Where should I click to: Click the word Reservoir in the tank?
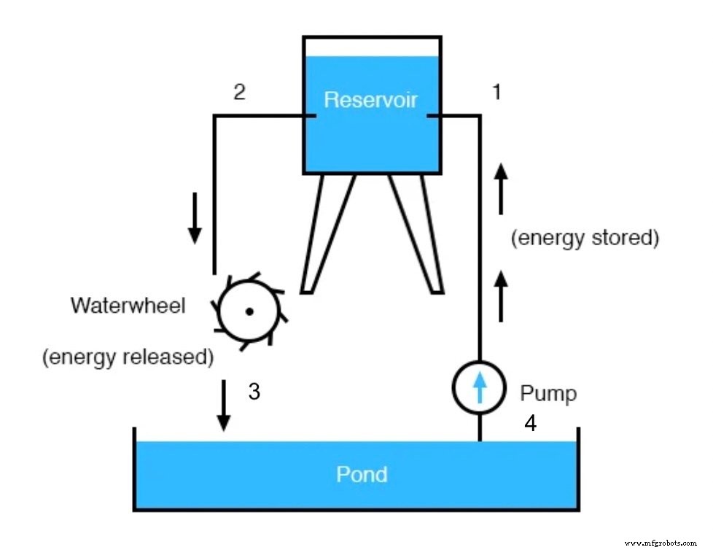(371, 100)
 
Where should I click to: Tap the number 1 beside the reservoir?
(497, 92)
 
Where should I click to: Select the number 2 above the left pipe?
(239, 92)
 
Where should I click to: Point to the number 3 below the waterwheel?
(254, 392)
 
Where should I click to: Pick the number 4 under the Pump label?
(531, 423)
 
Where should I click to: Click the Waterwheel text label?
(128, 305)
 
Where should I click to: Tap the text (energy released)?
(128, 357)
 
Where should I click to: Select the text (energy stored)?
(585, 239)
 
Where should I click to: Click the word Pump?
(548, 394)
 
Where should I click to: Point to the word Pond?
(362, 475)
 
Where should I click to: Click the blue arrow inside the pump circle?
(479, 388)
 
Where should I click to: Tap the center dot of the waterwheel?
(249, 311)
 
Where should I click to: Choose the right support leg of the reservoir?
(416, 233)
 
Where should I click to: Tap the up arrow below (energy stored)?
(501, 295)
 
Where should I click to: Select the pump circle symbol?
(479, 388)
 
